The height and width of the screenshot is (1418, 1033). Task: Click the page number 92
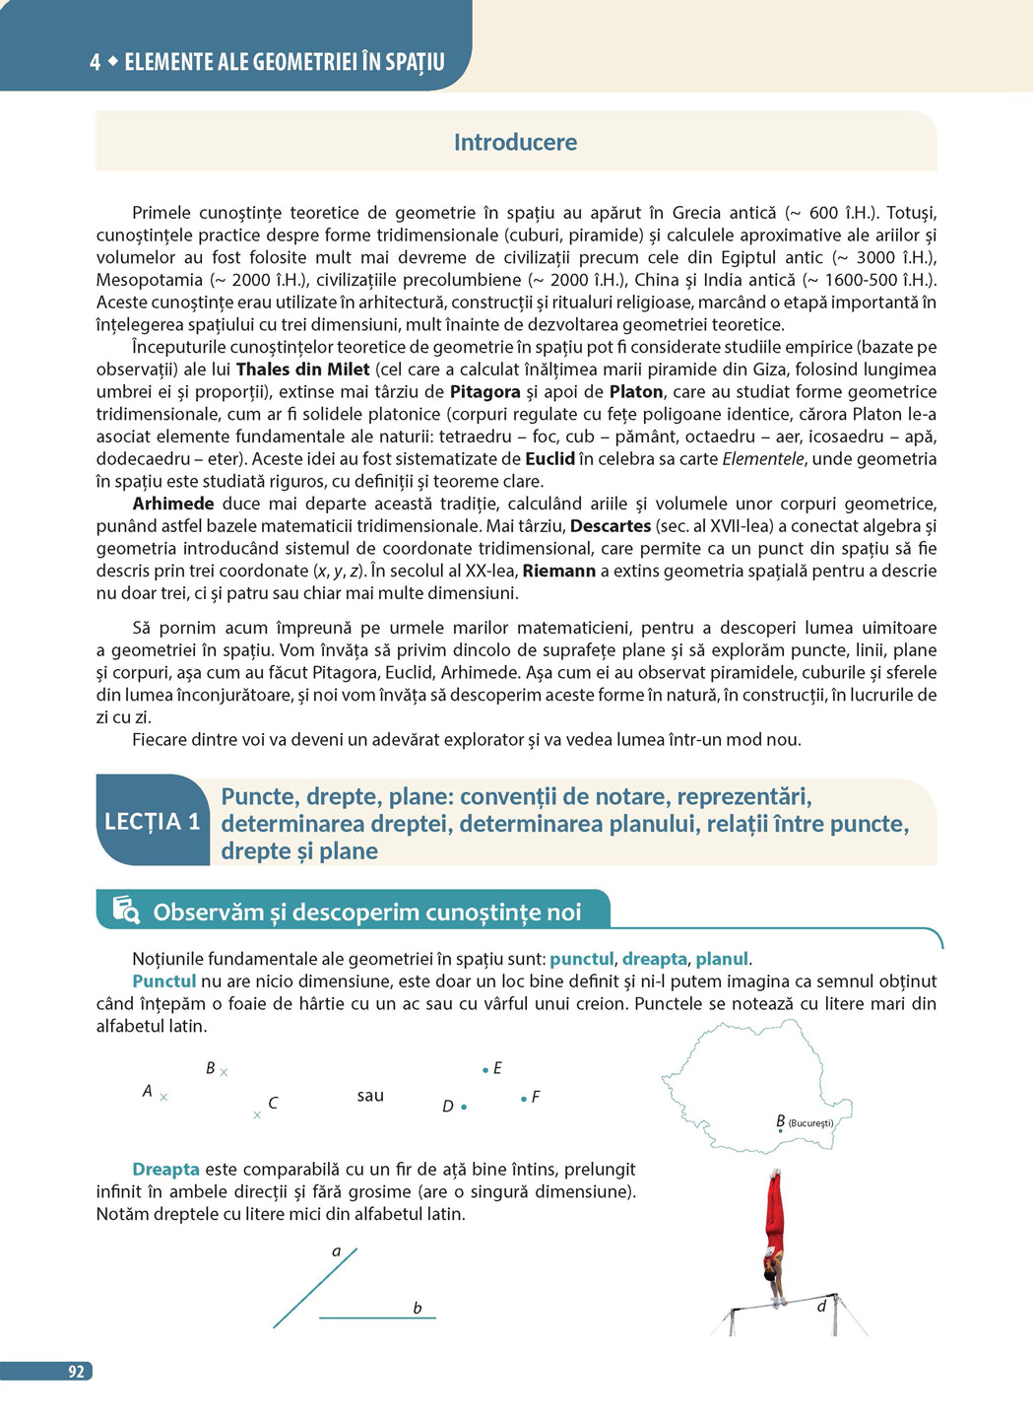point(76,1372)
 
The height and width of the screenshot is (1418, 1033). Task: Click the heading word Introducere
point(515,142)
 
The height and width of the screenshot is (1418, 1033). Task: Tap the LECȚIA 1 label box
point(153,822)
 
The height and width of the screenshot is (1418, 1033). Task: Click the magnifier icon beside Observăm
point(126,910)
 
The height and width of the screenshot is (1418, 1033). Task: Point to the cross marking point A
point(163,1097)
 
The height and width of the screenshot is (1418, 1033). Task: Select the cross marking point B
point(224,1072)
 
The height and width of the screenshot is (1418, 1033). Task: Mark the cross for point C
point(257,1115)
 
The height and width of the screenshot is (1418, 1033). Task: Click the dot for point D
point(464,1108)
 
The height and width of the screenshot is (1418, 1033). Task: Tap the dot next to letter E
point(485,1069)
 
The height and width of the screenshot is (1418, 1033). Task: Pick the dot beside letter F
point(523,1098)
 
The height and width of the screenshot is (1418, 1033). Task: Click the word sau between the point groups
point(370,1096)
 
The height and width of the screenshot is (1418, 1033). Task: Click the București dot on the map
point(781,1131)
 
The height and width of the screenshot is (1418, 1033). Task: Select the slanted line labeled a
point(315,1287)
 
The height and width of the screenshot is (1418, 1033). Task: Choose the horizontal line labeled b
point(377,1317)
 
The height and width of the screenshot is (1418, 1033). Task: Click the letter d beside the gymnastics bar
point(821,1307)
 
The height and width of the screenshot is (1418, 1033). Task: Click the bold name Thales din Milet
point(302,370)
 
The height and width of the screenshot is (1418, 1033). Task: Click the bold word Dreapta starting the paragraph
point(165,1170)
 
